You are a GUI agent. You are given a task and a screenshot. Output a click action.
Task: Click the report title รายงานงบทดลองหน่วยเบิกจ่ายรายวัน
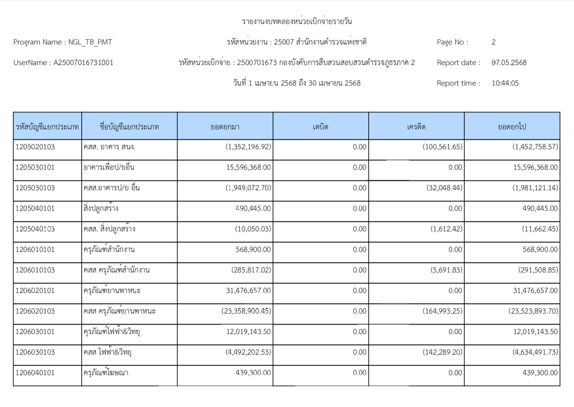pos(297,22)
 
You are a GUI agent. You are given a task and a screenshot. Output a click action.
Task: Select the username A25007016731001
pos(83,63)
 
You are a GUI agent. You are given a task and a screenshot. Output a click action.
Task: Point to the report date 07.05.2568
pos(509,63)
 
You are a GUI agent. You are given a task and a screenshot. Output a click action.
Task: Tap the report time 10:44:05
pos(505,83)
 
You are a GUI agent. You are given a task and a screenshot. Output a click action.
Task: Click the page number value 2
pos(493,42)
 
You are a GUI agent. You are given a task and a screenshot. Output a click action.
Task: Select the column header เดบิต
pos(321,127)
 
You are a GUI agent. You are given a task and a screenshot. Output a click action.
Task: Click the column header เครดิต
pos(416,127)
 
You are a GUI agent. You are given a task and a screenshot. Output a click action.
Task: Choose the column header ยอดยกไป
pos(512,127)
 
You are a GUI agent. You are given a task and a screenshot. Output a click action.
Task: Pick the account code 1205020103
pos(36,147)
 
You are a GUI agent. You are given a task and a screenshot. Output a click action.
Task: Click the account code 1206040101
pos(36,372)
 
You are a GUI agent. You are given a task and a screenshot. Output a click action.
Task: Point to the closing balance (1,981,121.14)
pos(535,188)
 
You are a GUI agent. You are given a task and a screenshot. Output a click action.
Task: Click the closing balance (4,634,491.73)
pos(535,352)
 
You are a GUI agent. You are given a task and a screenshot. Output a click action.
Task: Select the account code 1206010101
pos(36,249)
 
